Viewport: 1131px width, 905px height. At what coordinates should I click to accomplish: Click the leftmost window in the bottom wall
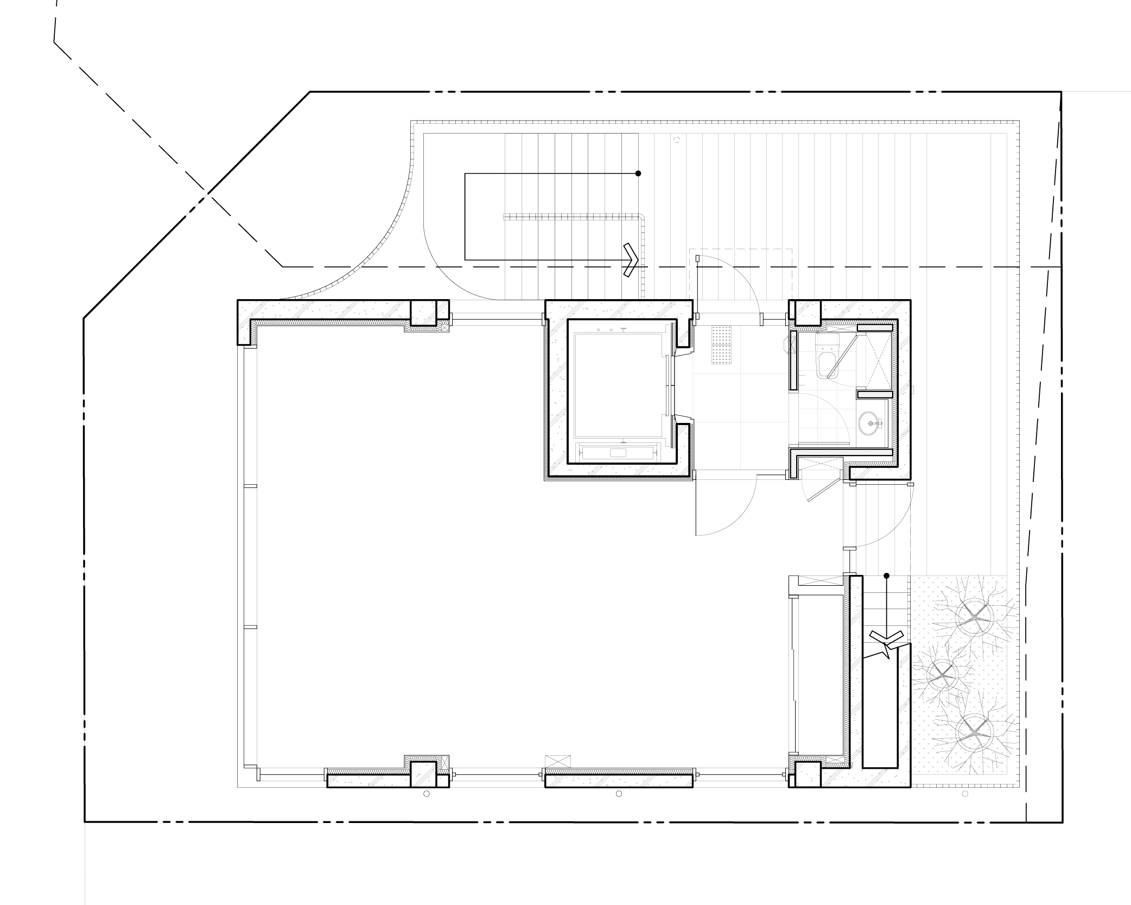pos(282,777)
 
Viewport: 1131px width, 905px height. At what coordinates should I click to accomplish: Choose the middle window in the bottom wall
pos(497,777)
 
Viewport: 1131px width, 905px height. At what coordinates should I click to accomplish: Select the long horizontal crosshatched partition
pos(841,452)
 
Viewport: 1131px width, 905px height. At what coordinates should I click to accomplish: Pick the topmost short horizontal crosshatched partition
pos(875,327)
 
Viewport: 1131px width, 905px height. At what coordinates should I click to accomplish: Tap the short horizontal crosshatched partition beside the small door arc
pos(875,394)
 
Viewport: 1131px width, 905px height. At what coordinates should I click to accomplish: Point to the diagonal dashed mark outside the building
pos(197,205)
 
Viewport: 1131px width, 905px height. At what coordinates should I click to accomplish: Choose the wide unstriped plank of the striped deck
pos(958,353)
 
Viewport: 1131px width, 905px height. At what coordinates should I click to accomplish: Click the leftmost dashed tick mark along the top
pos(444,91)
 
